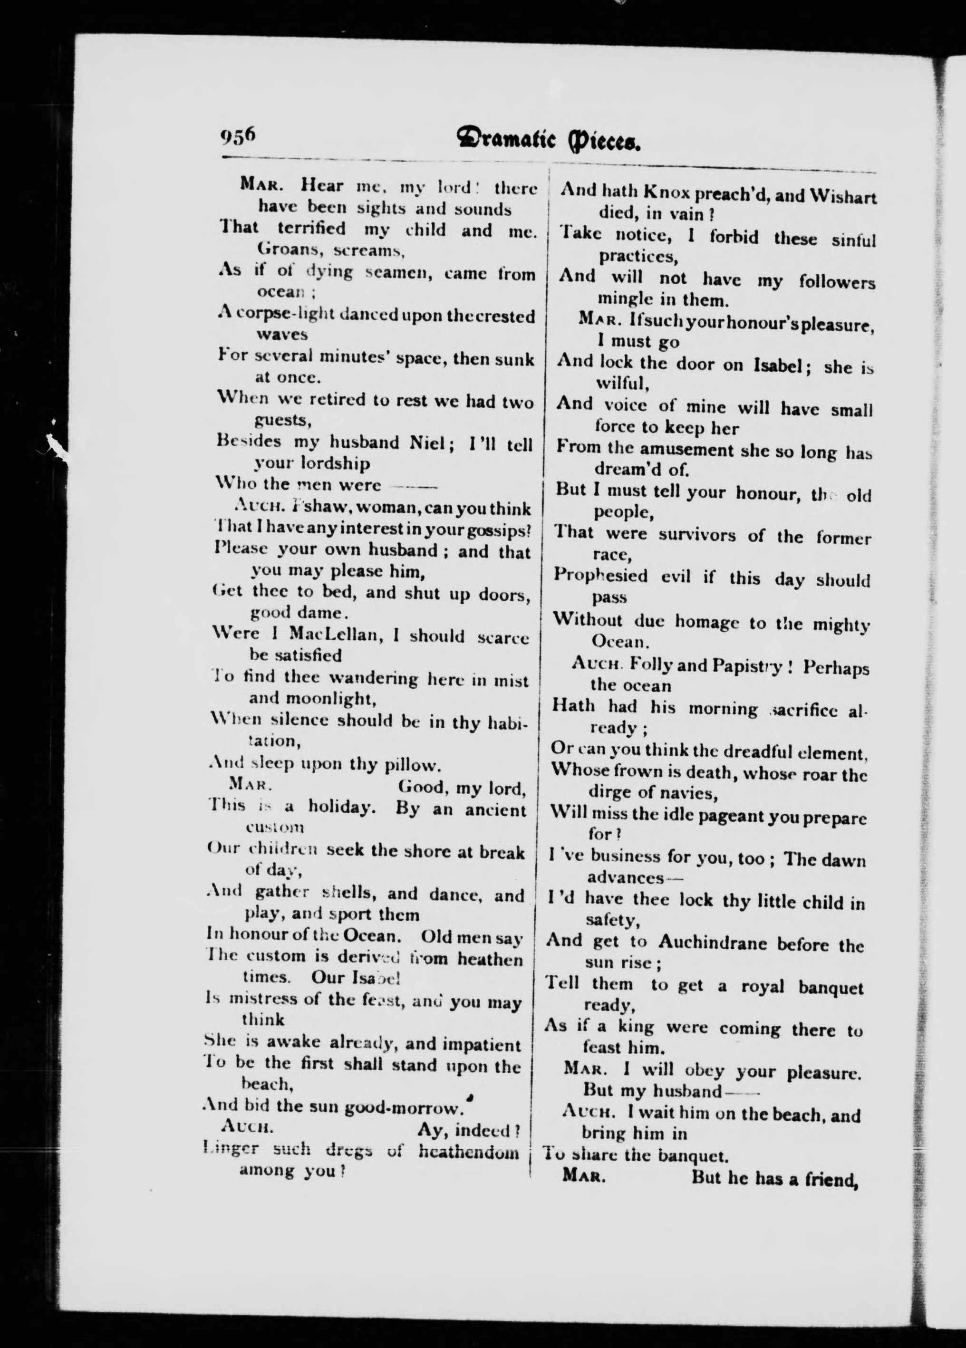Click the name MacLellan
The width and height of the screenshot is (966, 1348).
(x=335, y=636)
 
